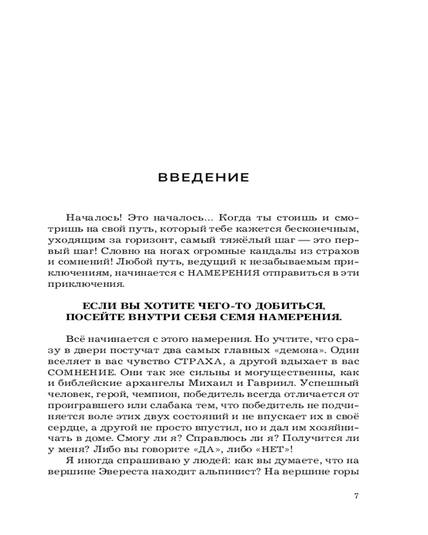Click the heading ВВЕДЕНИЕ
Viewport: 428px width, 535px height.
pyautogui.click(x=204, y=178)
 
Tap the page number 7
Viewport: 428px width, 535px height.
pyautogui.click(x=356, y=495)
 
